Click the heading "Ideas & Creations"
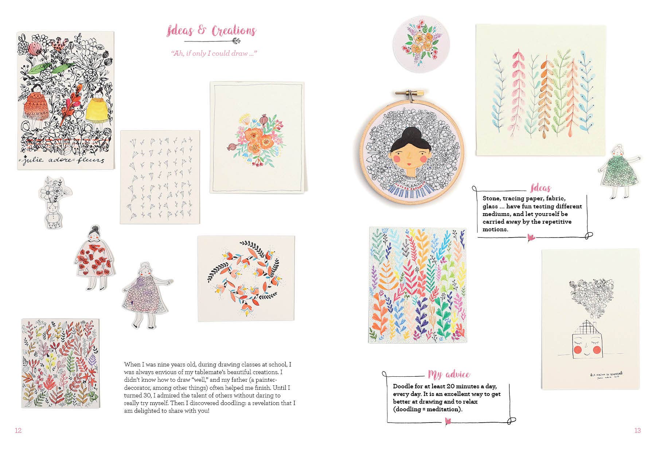pos(211,31)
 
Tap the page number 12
pos(18,430)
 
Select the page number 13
pos(637,430)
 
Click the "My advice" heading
pos(449,374)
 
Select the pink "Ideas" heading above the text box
pos(541,188)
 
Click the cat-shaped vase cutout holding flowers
pos(53,202)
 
